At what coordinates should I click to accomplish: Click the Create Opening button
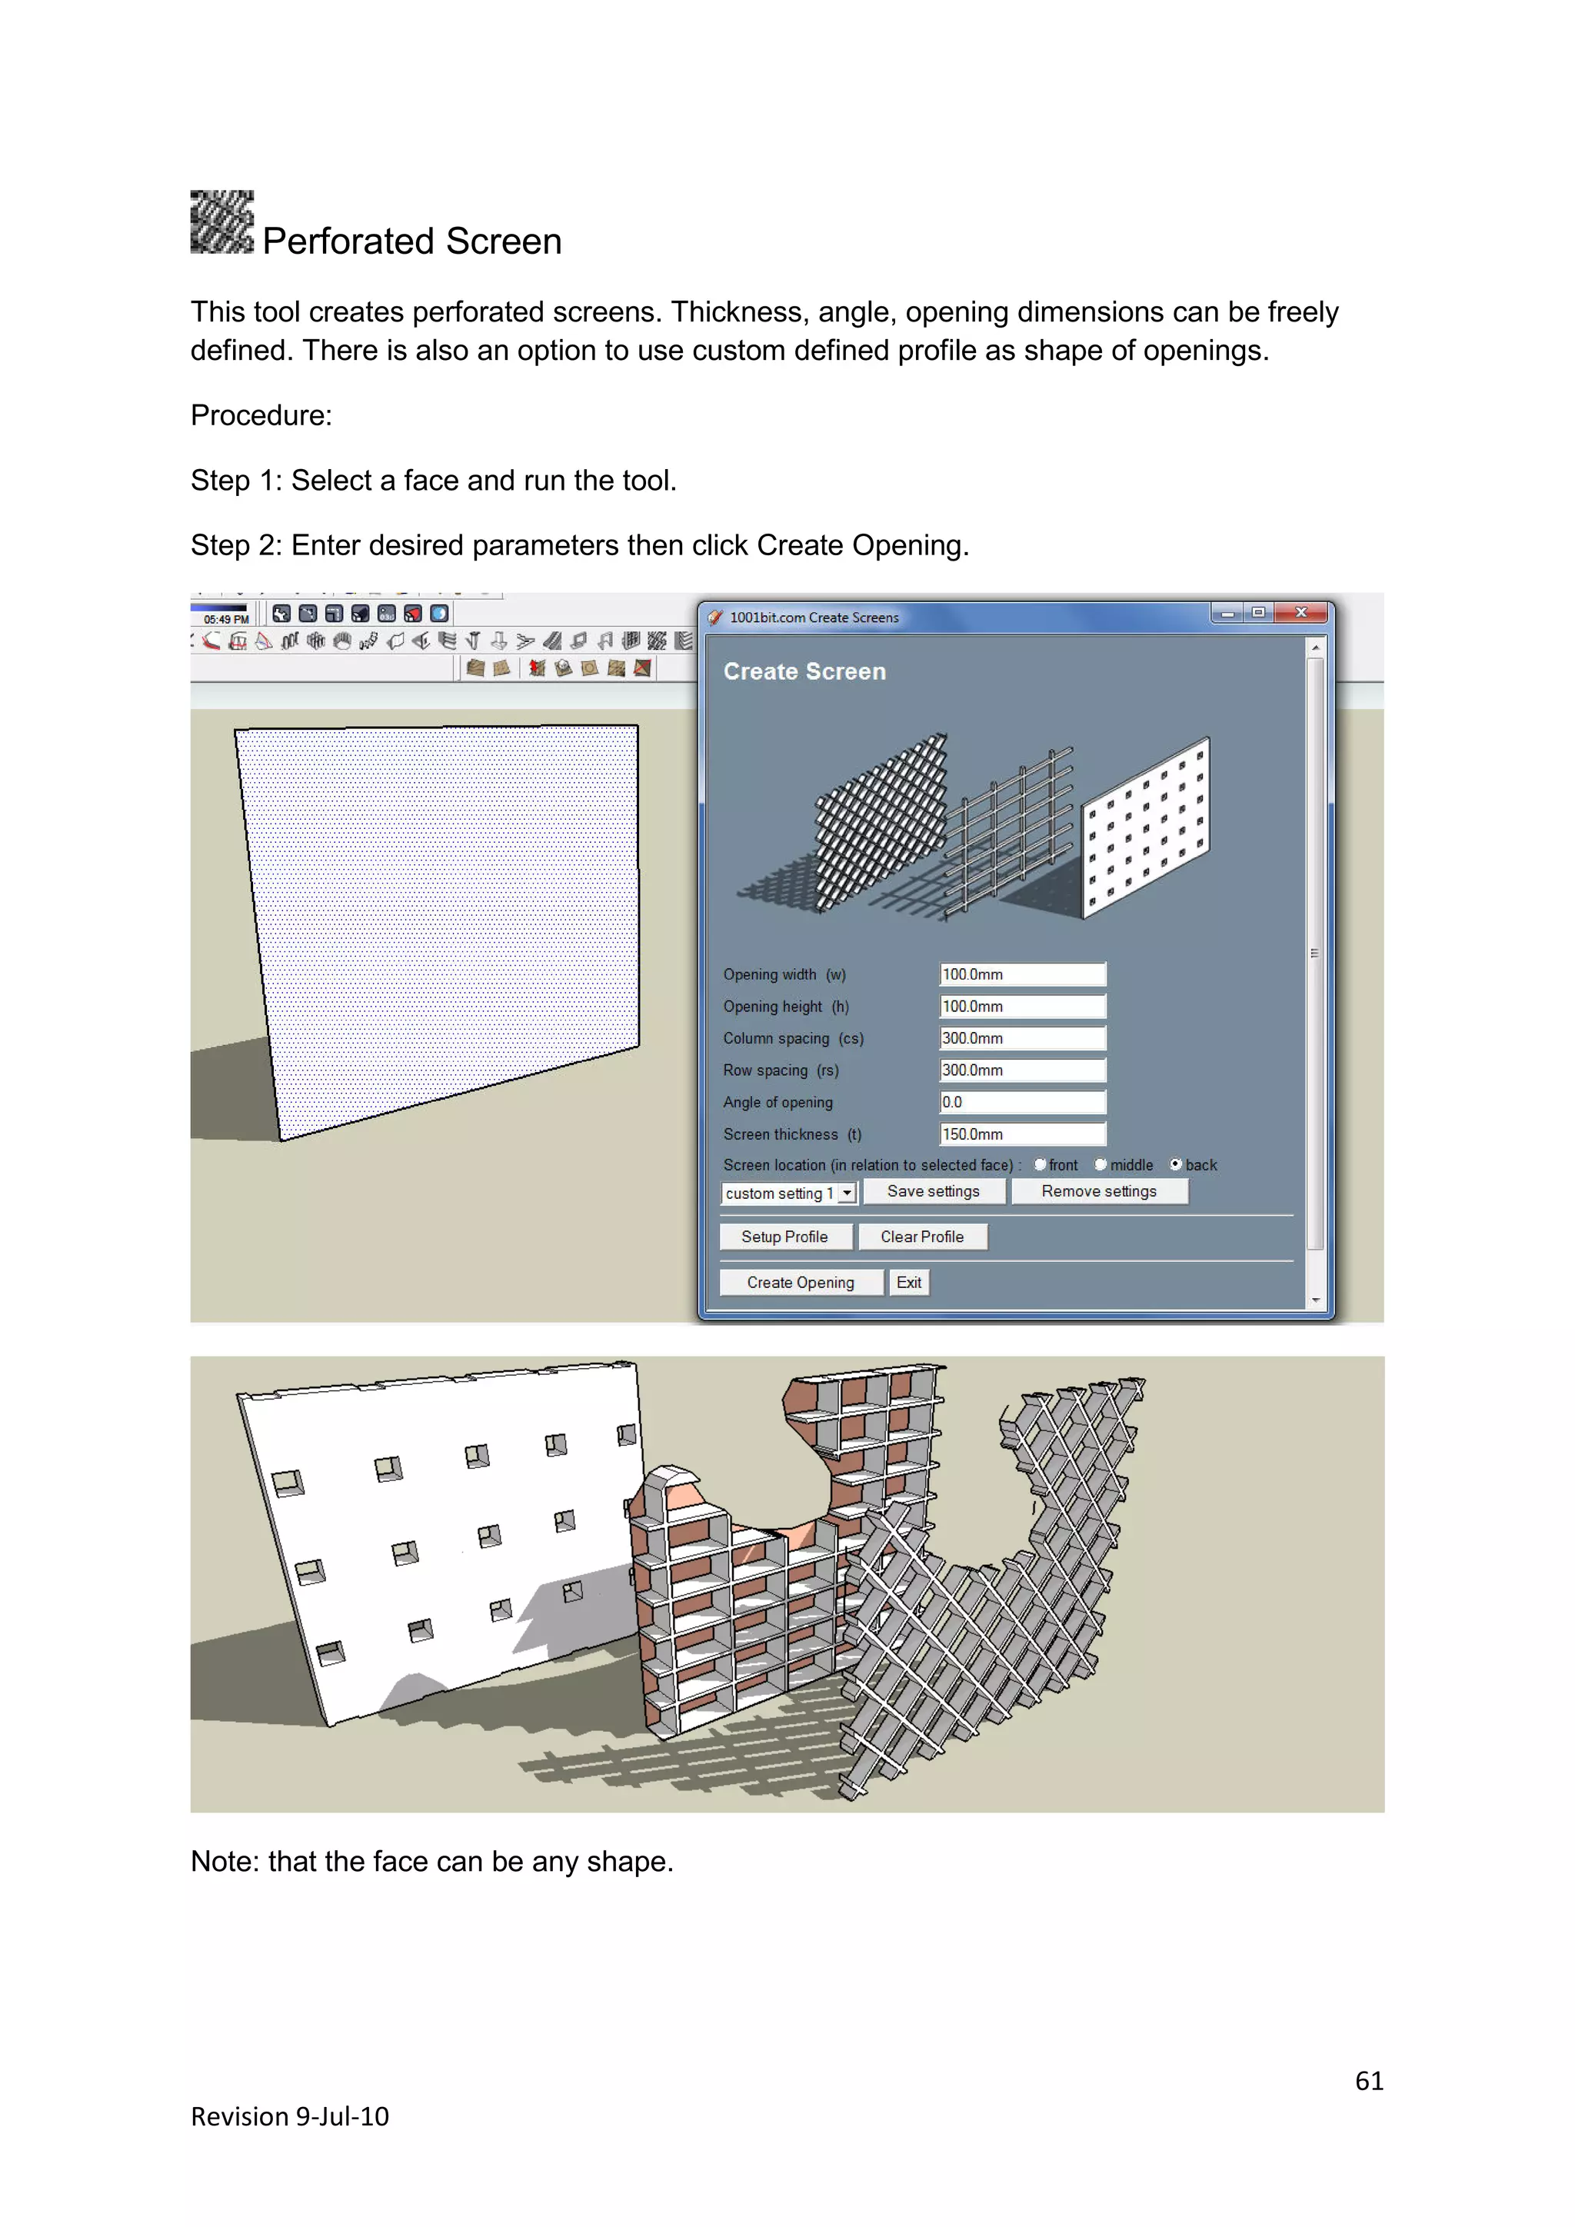pyautogui.click(x=800, y=1282)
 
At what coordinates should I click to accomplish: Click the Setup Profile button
pyautogui.click(x=784, y=1237)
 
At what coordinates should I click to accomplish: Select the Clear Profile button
pyautogui.click(x=921, y=1237)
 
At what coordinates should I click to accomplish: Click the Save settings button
pyautogui.click(x=933, y=1191)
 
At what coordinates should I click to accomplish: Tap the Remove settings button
pyautogui.click(x=1099, y=1191)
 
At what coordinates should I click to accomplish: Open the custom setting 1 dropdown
pyautogui.click(x=847, y=1193)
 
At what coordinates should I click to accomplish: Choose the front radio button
pyautogui.click(x=1040, y=1164)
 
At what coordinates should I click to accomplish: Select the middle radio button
pyautogui.click(x=1101, y=1164)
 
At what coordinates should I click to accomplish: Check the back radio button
pyautogui.click(x=1175, y=1164)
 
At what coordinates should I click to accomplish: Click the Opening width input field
pyautogui.click(x=1022, y=974)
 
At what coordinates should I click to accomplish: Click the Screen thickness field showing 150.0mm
pyautogui.click(x=1022, y=1133)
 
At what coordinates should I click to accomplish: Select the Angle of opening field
pyautogui.click(x=1022, y=1102)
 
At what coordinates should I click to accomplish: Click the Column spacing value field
pyautogui.click(x=1022, y=1038)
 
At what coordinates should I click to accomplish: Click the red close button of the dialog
pyautogui.click(x=1301, y=612)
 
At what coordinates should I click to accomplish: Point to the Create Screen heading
pyautogui.click(x=804, y=671)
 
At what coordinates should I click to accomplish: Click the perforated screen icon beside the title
pyautogui.click(x=222, y=222)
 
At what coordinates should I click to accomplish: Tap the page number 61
pyautogui.click(x=1368, y=2081)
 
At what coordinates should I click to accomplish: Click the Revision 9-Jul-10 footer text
pyautogui.click(x=289, y=2116)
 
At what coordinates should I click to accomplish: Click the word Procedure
pyautogui.click(x=261, y=415)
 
